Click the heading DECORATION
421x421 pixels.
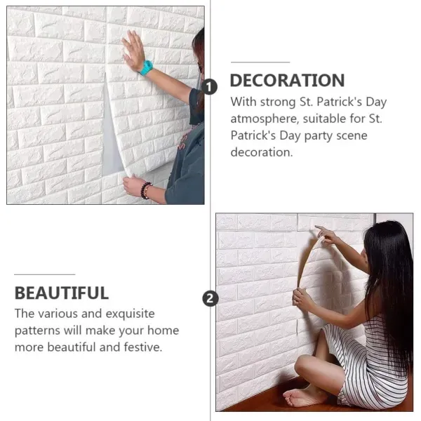[x=287, y=80]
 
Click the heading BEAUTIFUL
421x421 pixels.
[x=62, y=293]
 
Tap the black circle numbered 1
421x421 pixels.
[x=209, y=86]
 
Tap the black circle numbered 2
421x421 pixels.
[x=209, y=299]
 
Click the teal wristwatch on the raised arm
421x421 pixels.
[x=146, y=68]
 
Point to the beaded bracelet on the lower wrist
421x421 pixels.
[x=146, y=190]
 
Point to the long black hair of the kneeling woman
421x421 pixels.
[x=390, y=281]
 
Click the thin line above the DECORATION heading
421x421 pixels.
[x=260, y=62]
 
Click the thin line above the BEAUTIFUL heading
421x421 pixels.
[x=44, y=274]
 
